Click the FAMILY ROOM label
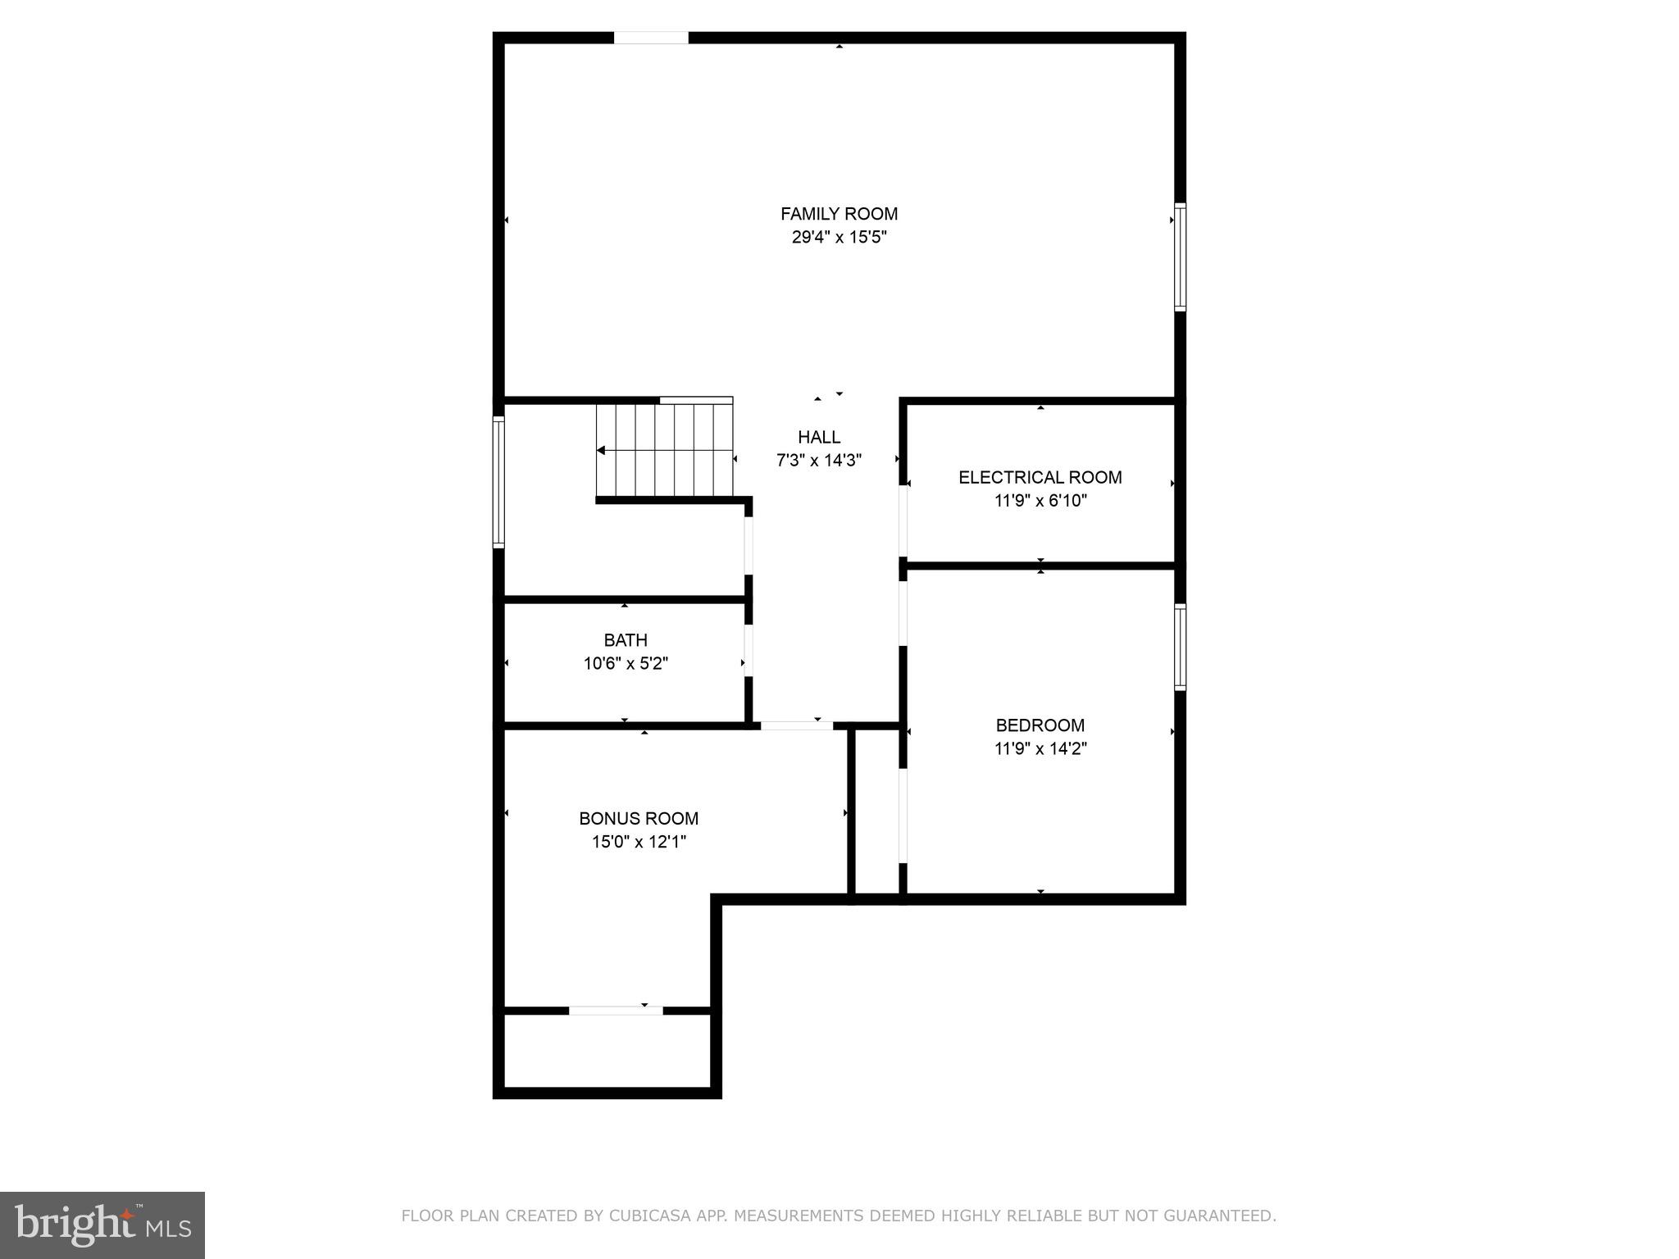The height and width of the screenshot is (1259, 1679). point(839,214)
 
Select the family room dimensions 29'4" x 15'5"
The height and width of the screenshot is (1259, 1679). point(839,238)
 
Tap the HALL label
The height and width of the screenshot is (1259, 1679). point(818,437)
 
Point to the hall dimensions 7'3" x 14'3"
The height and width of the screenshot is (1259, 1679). point(818,461)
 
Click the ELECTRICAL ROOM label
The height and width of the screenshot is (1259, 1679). point(1040,477)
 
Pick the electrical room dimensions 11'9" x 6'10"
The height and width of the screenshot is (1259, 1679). point(1040,501)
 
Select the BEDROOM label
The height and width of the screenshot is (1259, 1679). point(1040,725)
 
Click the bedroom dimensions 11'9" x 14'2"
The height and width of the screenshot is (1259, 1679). point(1040,748)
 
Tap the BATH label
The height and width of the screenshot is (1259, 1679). point(626,640)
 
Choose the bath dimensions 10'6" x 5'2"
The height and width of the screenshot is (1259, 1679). point(626,664)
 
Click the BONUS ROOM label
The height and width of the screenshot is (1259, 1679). point(639,818)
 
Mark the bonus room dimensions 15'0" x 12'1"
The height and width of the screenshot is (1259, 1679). point(639,842)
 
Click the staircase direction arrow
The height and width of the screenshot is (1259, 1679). point(602,450)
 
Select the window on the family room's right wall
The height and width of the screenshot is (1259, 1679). point(1180,257)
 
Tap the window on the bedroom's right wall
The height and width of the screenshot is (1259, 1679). point(1180,647)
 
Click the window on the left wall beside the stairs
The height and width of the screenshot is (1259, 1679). point(498,482)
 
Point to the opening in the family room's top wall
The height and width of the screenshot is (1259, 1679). point(651,38)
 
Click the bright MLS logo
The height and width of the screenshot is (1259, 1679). point(102,1225)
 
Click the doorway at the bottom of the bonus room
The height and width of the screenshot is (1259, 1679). point(616,1011)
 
